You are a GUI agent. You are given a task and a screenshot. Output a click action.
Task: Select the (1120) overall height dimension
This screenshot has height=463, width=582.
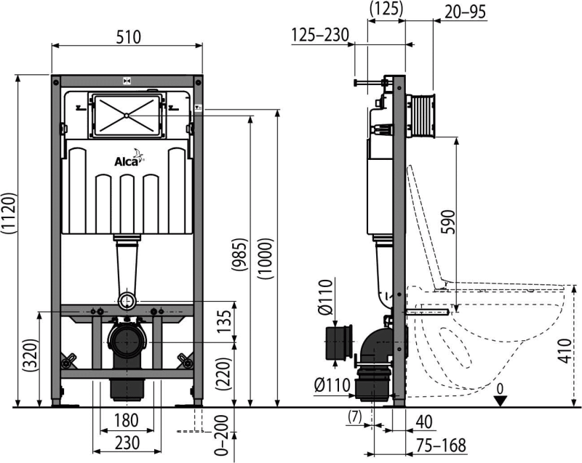[9, 213]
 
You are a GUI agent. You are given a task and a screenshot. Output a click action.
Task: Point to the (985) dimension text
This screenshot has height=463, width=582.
[239, 254]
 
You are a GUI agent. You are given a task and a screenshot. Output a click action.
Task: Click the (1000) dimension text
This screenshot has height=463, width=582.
[266, 258]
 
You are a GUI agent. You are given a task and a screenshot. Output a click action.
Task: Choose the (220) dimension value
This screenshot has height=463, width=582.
[224, 373]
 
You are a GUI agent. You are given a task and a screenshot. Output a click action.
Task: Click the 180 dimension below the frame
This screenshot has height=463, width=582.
[126, 421]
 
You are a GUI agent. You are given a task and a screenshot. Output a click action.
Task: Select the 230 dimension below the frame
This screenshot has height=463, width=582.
[127, 443]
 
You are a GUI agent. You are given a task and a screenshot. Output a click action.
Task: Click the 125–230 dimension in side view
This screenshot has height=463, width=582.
[320, 35]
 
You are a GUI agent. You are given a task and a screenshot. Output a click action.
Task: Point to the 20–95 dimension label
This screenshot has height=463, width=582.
[465, 12]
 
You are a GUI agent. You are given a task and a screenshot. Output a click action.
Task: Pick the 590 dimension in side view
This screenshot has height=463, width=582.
[447, 221]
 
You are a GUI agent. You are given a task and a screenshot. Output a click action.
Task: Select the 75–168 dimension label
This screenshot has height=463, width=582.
[441, 446]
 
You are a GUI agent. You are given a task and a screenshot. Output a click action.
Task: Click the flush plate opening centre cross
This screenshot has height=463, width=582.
[127, 116]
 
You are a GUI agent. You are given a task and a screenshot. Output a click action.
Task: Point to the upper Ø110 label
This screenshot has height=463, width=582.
[325, 297]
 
